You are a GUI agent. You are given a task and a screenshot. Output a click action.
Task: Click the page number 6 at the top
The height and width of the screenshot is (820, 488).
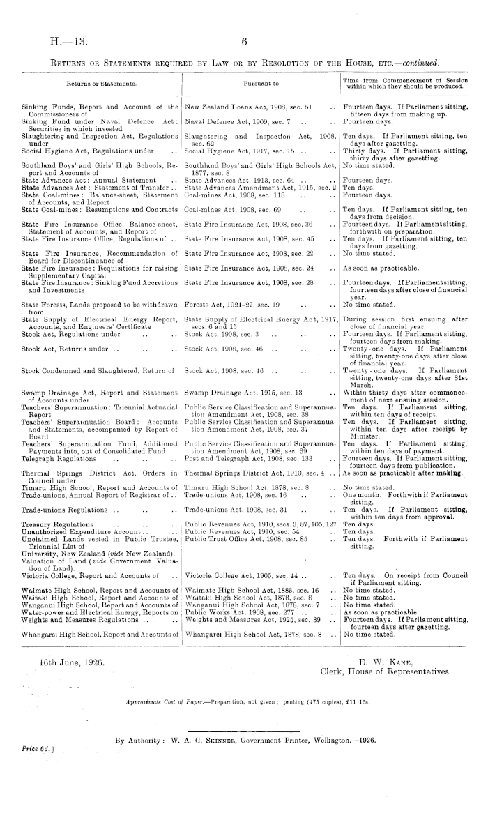point(244,42)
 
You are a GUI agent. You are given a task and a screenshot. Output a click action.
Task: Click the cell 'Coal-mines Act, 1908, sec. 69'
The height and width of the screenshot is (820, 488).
point(233,208)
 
